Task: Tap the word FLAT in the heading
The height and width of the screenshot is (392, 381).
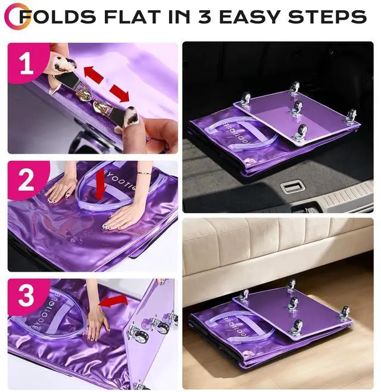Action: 134,17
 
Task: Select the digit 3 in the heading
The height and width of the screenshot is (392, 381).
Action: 205,17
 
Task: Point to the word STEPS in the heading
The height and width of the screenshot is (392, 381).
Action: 327,17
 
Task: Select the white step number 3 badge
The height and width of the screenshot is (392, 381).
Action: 26,297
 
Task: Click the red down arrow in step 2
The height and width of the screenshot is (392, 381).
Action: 100,185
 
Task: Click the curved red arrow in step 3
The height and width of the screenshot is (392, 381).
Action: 113,301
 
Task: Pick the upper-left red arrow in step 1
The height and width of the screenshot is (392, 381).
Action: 93,74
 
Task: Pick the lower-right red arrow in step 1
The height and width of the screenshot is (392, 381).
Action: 120,94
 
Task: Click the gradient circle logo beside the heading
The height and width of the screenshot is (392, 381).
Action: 17,15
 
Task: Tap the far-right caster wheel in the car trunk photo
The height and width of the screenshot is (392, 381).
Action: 351,116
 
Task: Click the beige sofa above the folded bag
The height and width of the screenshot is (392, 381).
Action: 278,247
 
